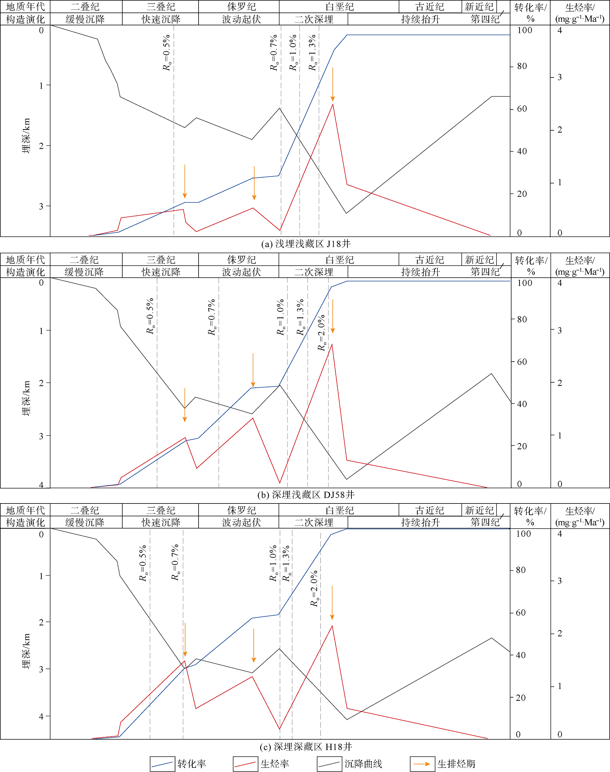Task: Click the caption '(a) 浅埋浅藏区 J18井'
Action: (306, 244)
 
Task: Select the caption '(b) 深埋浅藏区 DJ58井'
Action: (306, 495)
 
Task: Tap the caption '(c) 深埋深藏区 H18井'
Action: (306, 746)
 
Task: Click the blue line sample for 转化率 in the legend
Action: (162, 764)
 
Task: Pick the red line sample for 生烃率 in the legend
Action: (245, 764)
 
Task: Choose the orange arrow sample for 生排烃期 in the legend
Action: (422, 764)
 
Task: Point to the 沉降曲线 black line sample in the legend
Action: (329, 764)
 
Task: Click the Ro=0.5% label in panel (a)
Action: (167, 52)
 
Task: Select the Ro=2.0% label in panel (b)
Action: (322, 332)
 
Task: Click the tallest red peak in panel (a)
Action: (333, 104)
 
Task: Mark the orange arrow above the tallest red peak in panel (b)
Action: (332, 316)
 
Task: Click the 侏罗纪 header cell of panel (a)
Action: (242, 7)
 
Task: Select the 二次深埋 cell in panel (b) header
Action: (314, 272)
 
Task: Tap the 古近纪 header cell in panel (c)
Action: (430, 510)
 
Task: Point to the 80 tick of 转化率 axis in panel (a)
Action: (522, 66)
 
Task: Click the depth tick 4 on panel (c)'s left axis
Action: (41, 716)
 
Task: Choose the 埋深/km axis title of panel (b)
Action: (26, 398)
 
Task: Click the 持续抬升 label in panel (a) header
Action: (420, 19)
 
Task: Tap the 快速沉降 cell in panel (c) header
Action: (161, 522)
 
